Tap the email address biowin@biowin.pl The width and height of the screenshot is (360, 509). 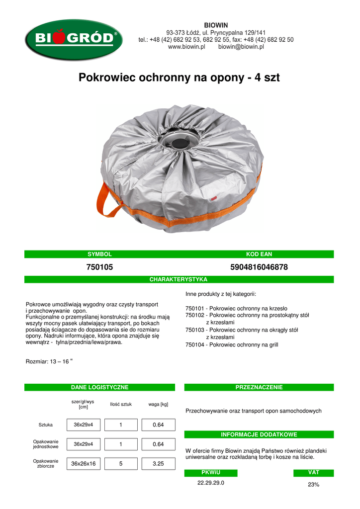coord(241,47)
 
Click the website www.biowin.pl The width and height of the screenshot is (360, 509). coord(187,47)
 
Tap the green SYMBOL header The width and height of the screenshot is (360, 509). coord(99,254)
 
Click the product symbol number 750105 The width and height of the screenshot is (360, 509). coord(99,267)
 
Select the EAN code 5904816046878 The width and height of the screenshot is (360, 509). coord(259,267)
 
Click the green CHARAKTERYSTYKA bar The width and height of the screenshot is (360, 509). coord(179,279)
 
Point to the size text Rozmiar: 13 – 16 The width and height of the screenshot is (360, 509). coord(49,362)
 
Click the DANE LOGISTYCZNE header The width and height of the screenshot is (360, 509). coord(99,387)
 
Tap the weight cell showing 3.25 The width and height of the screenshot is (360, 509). coord(158,464)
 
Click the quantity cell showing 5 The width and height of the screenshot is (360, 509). coord(120,464)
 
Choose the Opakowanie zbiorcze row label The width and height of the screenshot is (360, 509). coord(46,463)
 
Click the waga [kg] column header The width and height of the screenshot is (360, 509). coord(158,404)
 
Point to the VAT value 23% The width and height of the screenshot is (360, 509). coord(313,485)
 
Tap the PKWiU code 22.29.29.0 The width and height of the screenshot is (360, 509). coord(211,483)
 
